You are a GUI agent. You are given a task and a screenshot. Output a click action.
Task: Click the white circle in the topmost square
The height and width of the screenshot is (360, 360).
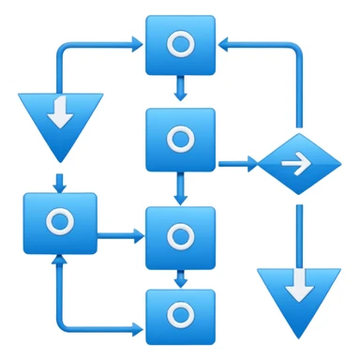coord(179,43)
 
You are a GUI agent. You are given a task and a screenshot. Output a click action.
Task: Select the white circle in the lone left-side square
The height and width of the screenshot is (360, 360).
coord(60,222)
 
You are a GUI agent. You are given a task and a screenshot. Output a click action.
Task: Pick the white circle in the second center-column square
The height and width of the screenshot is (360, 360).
coord(179,139)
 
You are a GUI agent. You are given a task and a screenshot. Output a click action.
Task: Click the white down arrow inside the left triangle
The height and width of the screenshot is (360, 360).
coord(60,112)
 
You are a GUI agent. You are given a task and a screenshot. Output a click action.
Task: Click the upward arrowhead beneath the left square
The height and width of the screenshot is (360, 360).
coord(60,260)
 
